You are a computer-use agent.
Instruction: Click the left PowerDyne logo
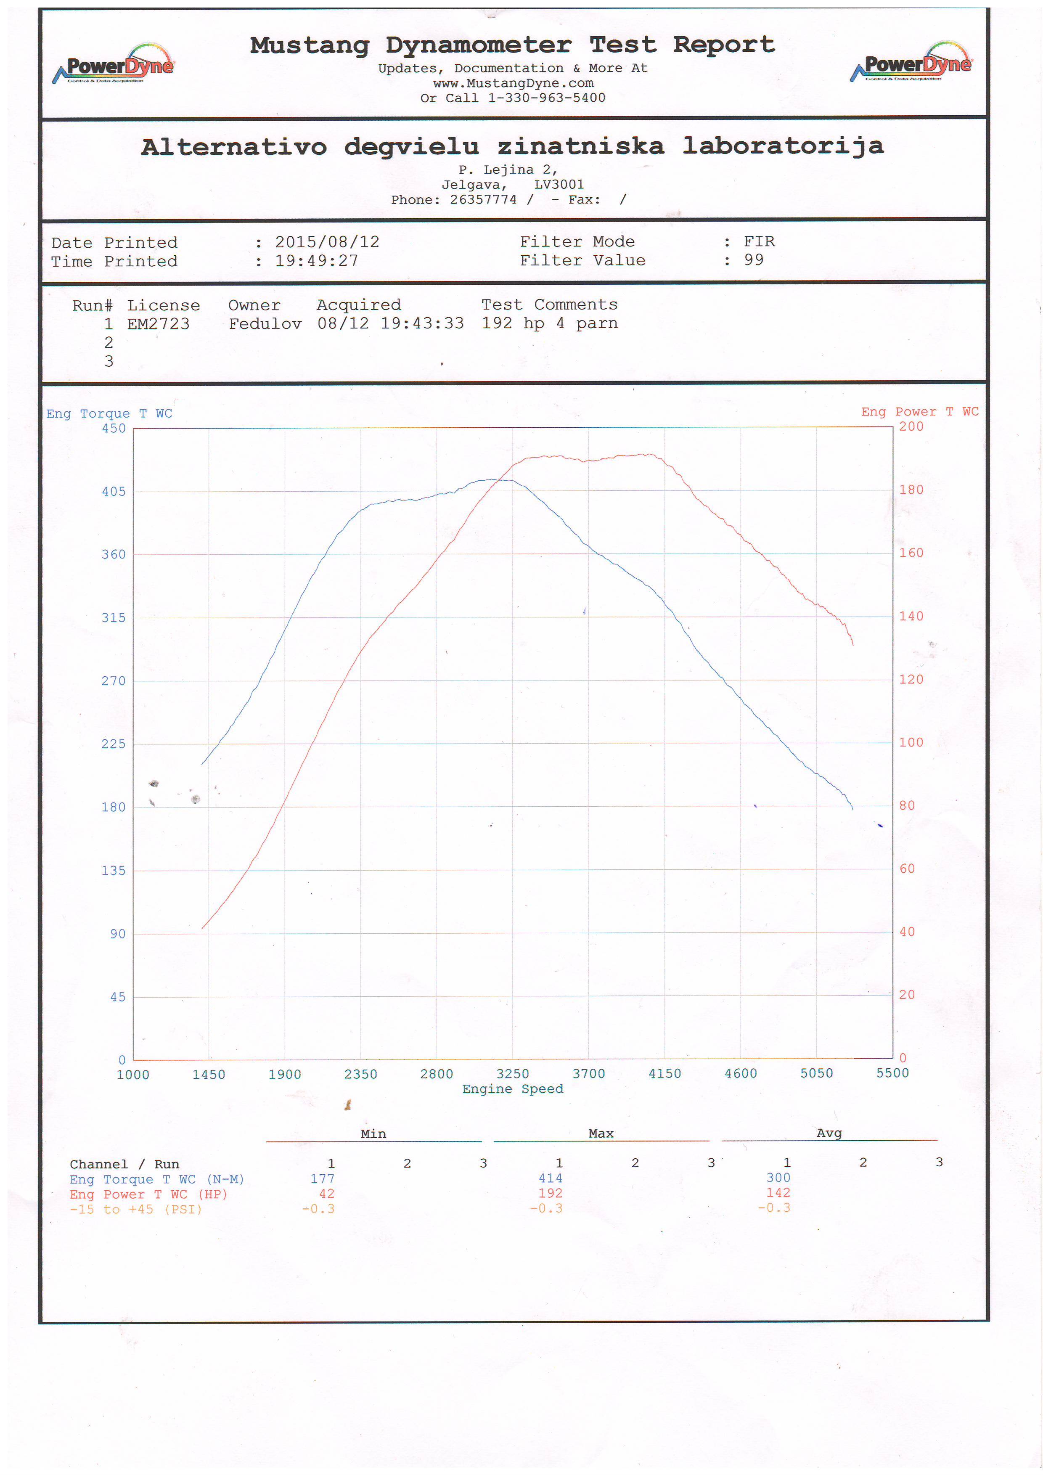coord(114,65)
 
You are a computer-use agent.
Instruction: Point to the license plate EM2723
coord(158,324)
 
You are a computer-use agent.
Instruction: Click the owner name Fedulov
coord(265,324)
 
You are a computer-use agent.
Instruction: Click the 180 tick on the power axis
coord(911,490)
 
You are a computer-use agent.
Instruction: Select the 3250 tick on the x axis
coord(513,1074)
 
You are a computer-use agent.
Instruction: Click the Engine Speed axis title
coord(513,1089)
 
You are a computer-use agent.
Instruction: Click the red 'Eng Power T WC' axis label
coord(920,412)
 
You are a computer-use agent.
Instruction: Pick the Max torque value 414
coord(551,1178)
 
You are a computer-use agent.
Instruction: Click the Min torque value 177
coord(323,1179)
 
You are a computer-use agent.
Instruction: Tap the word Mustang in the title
coord(310,45)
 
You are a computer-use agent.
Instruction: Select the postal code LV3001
coord(559,184)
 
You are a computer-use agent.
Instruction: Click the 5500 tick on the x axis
coord(892,1073)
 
